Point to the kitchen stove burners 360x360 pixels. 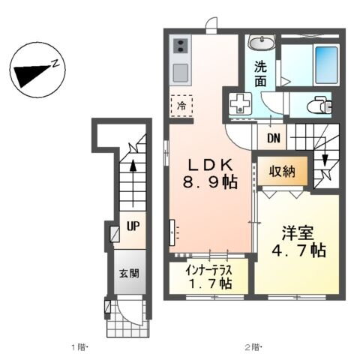(x=180, y=47)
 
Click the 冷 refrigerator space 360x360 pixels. (x=181, y=106)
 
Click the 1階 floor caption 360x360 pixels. (x=80, y=346)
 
